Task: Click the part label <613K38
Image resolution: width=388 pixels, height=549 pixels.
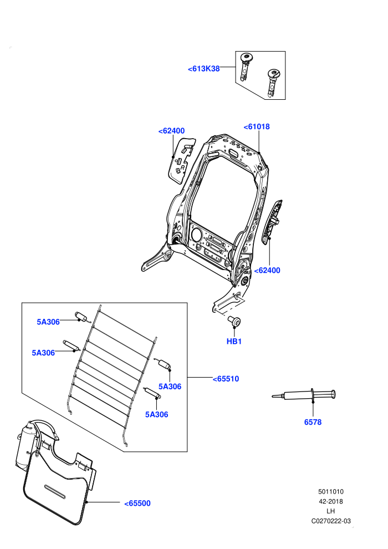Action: tap(203, 69)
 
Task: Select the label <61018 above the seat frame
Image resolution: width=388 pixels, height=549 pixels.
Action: tap(257, 127)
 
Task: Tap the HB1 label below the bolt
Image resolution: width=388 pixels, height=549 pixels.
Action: tap(234, 342)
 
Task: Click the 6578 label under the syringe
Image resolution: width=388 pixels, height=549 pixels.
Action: tap(313, 422)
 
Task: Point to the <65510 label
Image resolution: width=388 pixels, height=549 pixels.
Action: tap(226, 379)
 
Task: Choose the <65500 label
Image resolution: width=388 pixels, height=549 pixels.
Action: tap(137, 504)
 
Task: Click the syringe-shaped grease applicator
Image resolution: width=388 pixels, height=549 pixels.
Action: tap(304, 395)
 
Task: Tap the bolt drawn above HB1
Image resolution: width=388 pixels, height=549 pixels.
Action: tap(234, 321)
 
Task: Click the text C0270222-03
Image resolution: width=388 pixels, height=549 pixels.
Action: tap(331, 521)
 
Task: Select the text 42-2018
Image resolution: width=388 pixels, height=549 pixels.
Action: tap(330, 501)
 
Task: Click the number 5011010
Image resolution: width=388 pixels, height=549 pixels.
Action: tap(330, 491)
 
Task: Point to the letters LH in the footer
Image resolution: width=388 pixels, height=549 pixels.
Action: tap(330, 511)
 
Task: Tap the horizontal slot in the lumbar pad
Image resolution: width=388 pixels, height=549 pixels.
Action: tap(54, 491)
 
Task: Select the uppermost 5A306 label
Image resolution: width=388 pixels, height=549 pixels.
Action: tap(48, 322)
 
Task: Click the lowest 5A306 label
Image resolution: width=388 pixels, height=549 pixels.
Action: tap(157, 415)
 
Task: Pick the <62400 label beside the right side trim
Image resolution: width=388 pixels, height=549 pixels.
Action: tap(267, 270)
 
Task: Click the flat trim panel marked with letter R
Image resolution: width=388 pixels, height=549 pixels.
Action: tap(182, 160)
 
